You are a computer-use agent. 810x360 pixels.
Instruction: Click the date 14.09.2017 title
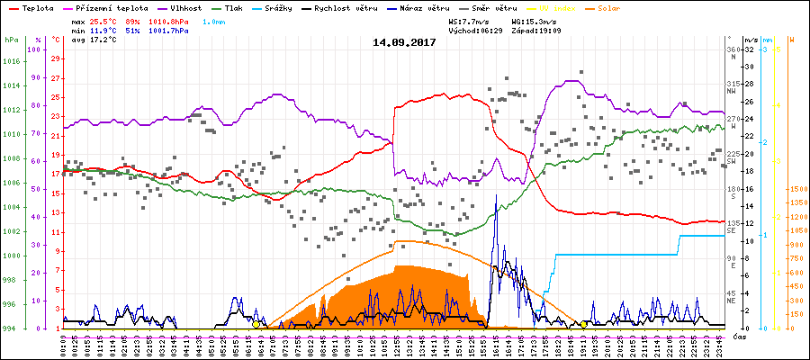click(404, 41)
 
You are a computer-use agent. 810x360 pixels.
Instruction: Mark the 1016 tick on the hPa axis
click(11, 61)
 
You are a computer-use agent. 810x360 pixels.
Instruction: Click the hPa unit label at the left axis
click(11, 40)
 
